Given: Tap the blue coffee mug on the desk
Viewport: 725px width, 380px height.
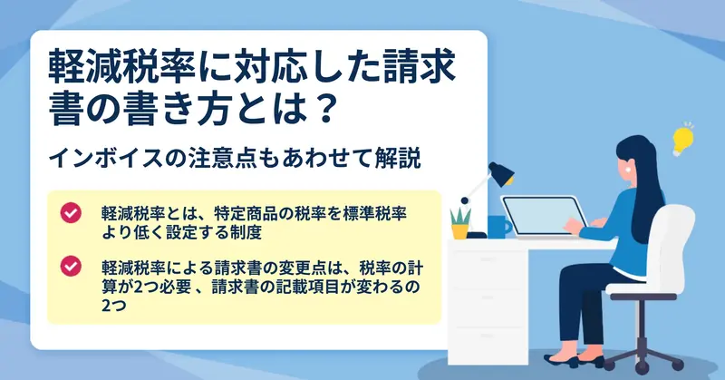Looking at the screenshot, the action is pos(498,227).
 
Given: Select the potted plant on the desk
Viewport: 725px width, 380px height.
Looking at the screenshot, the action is pos(460,224).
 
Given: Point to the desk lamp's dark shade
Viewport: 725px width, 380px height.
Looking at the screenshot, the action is pos(502,173).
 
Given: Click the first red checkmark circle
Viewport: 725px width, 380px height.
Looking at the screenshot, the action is pos(71,213).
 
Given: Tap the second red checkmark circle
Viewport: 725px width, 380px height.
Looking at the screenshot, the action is pos(71,267).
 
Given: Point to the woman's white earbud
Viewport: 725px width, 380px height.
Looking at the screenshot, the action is pos(629,170).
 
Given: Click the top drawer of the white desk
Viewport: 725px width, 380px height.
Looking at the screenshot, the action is pos(488,259).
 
